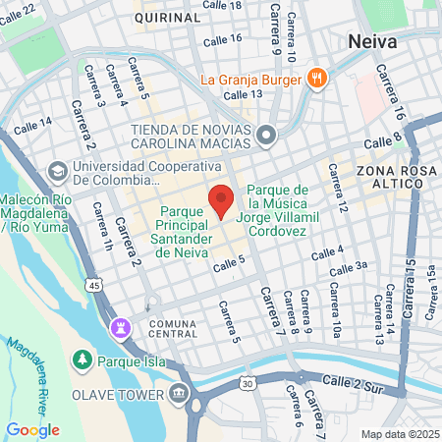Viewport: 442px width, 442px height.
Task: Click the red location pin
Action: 221,199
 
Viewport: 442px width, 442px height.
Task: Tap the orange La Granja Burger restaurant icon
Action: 316,80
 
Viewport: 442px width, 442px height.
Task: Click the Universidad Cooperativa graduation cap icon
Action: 57,171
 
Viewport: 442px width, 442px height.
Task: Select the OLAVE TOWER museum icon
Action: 178,394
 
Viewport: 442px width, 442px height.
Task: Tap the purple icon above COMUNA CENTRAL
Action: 121,326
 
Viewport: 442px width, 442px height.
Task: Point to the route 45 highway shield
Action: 93,285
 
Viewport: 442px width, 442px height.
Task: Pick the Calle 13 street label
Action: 243,95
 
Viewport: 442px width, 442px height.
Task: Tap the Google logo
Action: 32,429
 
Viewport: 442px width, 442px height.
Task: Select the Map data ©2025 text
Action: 399,434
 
